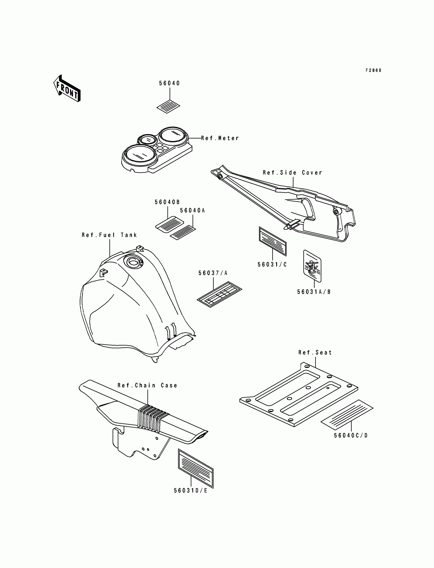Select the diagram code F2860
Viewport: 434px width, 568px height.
point(373,70)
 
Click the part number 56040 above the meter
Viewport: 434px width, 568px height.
point(169,83)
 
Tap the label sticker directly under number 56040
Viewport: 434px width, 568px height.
point(168,107)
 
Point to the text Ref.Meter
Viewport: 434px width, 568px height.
point(220,138)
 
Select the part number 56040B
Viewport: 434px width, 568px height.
point(167,202)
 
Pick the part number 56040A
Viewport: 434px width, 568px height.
point(192,211)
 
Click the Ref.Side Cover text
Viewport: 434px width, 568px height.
point(292,172)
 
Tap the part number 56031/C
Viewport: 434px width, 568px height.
point(272,264)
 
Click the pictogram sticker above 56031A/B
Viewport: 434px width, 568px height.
point(312,266)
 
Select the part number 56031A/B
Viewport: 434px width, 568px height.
point(314,292)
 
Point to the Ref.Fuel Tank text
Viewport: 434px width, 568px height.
point(109,235)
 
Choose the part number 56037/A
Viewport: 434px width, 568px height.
point(213,273)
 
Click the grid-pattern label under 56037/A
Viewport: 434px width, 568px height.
point(220,294)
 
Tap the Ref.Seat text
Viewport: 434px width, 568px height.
point(315,352)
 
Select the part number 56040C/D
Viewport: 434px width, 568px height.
point(351,436)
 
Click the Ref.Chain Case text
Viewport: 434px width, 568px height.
point(148,386)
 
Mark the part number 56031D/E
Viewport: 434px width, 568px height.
point(191,491)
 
